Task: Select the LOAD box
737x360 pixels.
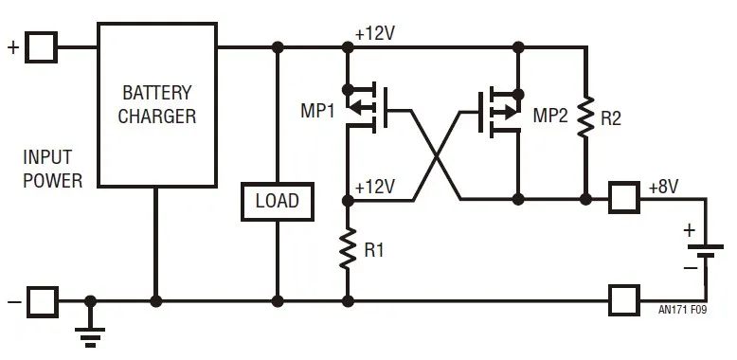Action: [x=277, y=201]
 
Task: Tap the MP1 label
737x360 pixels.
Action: [x=318, y=111]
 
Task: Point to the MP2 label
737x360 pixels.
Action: [x=550, y=116]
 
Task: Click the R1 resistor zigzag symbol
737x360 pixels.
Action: [x=348, y=250]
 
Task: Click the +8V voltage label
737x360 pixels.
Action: [x=663, y=187]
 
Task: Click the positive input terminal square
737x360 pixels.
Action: [x=42, y=46]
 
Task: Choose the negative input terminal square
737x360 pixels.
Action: [x=42, y=301]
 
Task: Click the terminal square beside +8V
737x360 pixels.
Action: [x=623, y=199]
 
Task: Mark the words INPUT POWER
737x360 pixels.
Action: [x=54, y=169]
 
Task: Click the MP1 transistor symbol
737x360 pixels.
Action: [x=365, y=106]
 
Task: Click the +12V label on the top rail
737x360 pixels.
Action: [x=375, y=32]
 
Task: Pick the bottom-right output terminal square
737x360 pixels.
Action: [x=623, y=301]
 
